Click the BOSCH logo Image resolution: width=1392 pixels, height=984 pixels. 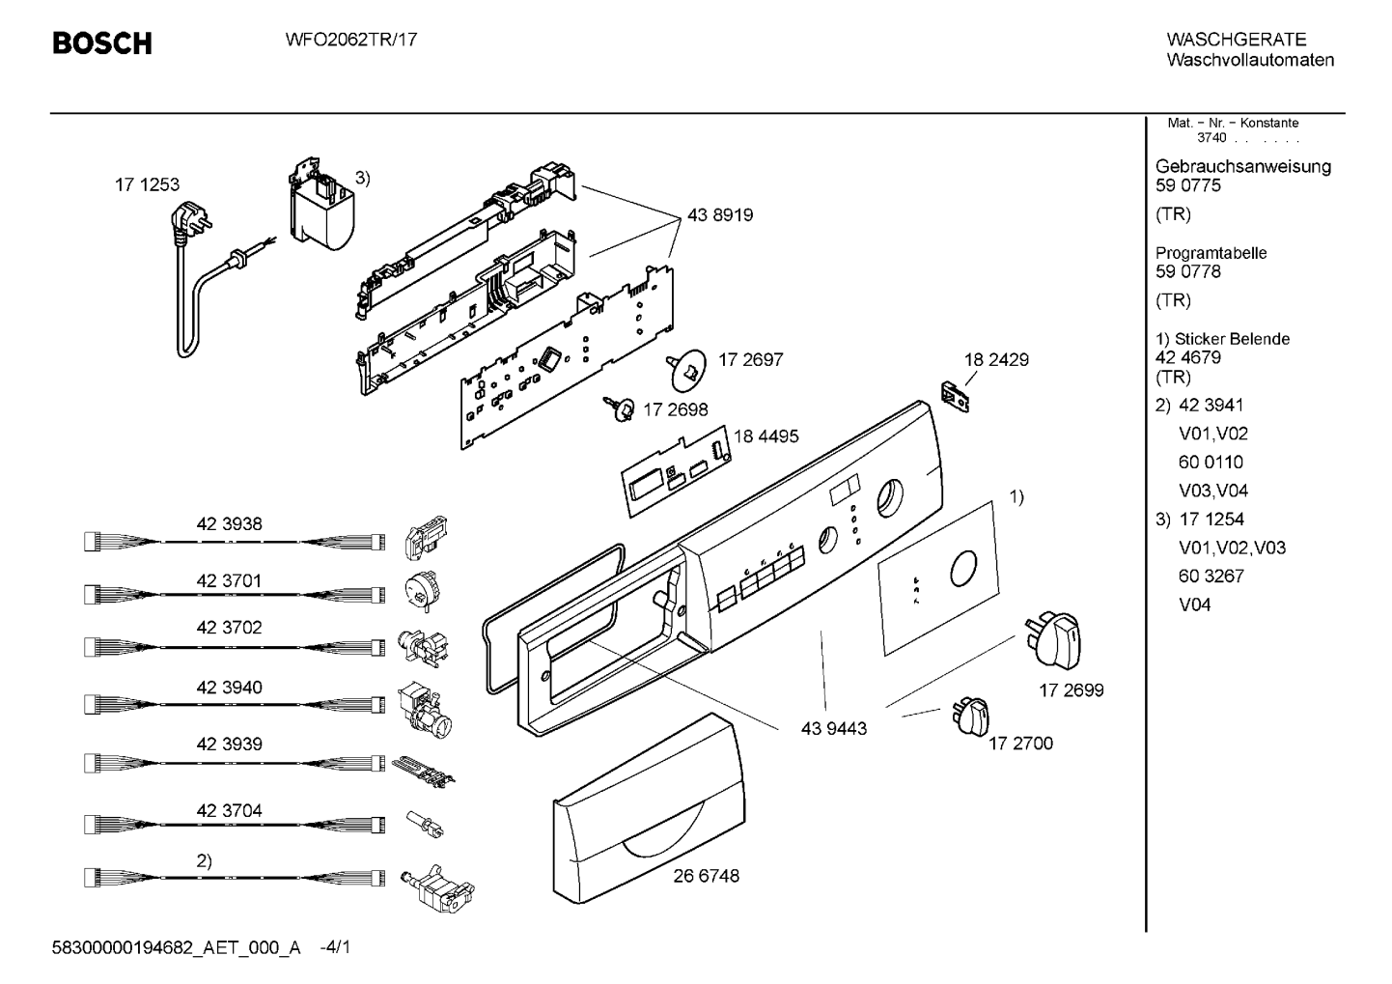coord(102,43)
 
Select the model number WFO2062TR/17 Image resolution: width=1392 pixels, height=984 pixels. coord(351,40)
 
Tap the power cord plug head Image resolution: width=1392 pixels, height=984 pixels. coord(191,221)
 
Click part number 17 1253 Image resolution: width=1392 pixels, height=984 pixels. coord(147,184)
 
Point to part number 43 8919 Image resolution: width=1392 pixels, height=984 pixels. coord(719,215)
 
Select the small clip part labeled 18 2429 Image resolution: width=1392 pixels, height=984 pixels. coord(956,397)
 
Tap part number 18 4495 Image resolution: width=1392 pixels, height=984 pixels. coord(766,436)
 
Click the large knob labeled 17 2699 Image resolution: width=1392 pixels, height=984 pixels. coord(1053,640)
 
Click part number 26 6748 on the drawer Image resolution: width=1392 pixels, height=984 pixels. coord(706,876)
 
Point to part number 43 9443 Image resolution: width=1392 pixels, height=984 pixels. coord(833,728)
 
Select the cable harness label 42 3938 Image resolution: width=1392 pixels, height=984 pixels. coord(230,524)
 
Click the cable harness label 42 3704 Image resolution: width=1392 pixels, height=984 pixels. coord(230,810)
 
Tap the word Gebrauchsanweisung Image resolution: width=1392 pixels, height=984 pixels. coord(1243,167)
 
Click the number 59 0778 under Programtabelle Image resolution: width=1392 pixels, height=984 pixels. coord(1188,271)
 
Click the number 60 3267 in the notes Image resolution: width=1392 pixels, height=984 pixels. coord(1211,576)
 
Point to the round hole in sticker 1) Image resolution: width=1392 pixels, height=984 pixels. coord(962,568)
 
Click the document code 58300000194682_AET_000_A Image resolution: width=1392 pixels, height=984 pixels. coord(176,948)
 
